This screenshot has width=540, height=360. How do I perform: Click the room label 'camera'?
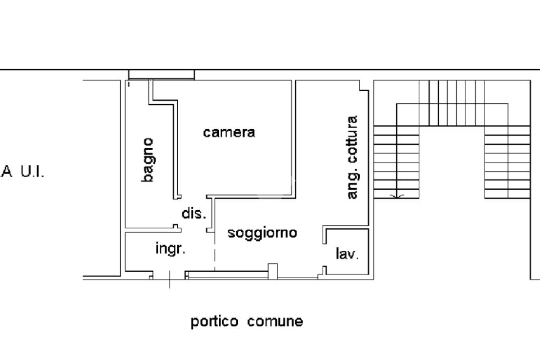tap(229, 132)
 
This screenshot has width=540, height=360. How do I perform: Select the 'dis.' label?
tap(192, 213)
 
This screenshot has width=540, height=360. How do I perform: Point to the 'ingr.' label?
tap(170, 248)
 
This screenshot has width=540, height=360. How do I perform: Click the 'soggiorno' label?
tap(262, 232)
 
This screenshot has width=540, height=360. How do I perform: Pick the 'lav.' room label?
tap(347, 254)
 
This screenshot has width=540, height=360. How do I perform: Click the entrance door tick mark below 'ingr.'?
tap(169, 279)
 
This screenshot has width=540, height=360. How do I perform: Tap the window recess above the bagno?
tap(161, 74)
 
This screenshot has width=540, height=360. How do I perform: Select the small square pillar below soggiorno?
tap(273, 270)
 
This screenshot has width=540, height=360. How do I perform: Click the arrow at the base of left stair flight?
tap(397, 196)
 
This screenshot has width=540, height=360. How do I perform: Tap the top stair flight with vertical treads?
tap(452, 102)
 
